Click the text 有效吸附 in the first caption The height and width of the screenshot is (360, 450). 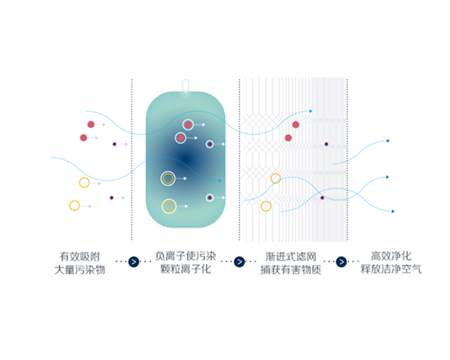(x=80, y=257)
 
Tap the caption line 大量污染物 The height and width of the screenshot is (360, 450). (x=80, y=269)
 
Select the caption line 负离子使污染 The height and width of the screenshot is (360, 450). (x=185, y=255)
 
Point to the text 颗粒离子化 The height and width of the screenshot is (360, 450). (x=185, y=269)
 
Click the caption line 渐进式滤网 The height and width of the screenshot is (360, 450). (x=291, y=257)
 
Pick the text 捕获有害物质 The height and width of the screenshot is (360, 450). (x=291, y=269)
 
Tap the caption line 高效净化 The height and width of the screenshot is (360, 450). (x=391, y=255)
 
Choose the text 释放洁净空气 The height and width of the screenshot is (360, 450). (x=391, y=269)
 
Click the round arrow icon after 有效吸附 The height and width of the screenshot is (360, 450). (x=134, y=262)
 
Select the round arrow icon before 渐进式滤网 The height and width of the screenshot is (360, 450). (x=240, y=262)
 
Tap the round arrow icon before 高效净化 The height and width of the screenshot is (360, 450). (x=342, y=262)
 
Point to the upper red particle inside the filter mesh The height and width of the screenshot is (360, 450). (x=296, y=125)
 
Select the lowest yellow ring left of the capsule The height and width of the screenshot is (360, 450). (x=75, y=201)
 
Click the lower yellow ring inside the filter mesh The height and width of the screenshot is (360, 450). (x=266, y=201)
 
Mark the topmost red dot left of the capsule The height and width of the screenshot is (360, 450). (x=91, y=125)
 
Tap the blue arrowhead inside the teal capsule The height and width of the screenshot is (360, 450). (x=220, y=181)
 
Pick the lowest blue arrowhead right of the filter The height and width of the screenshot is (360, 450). (x=393, y=211)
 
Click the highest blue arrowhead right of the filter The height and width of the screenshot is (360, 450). (x=388, y=141)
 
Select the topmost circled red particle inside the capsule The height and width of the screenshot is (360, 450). (x=188, y=125)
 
